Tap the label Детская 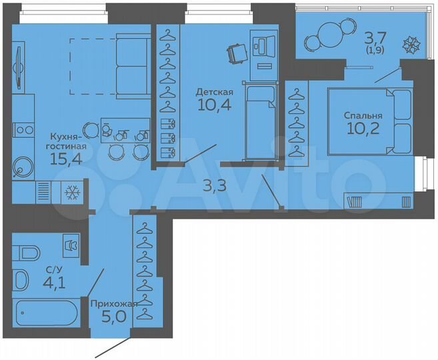point(214,91)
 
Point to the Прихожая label point(113,303)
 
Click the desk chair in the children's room point(235,53)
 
